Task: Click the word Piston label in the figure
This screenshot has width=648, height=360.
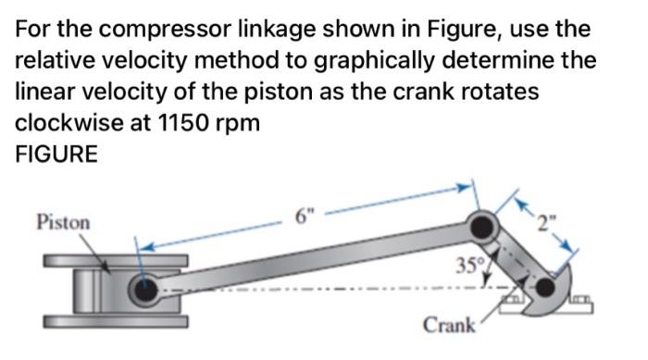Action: tap(63, 223)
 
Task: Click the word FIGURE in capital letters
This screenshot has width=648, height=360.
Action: tap(56, 155)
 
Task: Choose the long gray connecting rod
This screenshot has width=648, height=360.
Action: tap(315, 259)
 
